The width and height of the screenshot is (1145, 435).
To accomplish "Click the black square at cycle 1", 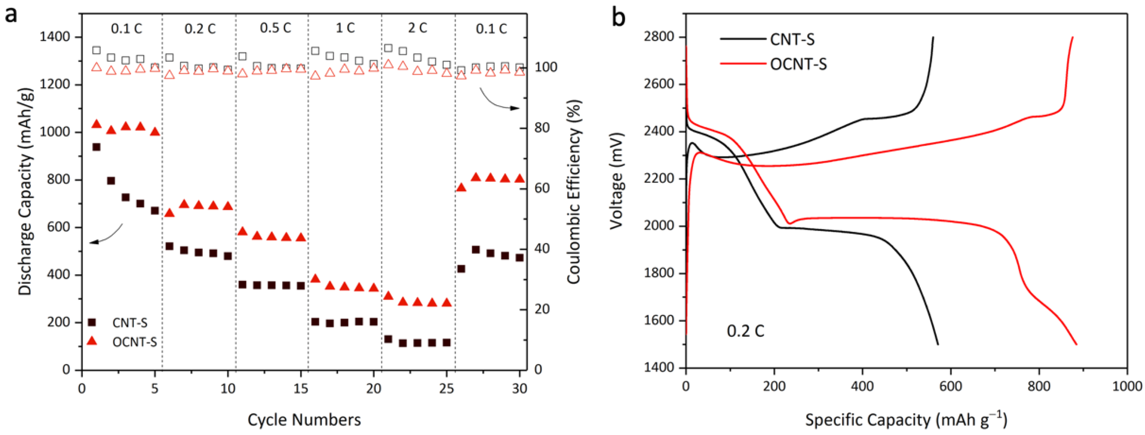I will (96, 147).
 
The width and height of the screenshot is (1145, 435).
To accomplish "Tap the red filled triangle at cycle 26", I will (461, 188).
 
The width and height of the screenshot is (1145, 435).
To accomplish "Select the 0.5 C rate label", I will (275, 28).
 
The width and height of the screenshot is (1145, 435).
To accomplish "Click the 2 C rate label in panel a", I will (417, 28).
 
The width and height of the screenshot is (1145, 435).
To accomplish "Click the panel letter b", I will (618, 18).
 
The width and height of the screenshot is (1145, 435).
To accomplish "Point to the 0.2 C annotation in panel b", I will (745, 331).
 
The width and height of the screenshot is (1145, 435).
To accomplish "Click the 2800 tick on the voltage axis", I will (659, 37).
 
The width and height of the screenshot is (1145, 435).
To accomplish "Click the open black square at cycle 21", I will (388, 48).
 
